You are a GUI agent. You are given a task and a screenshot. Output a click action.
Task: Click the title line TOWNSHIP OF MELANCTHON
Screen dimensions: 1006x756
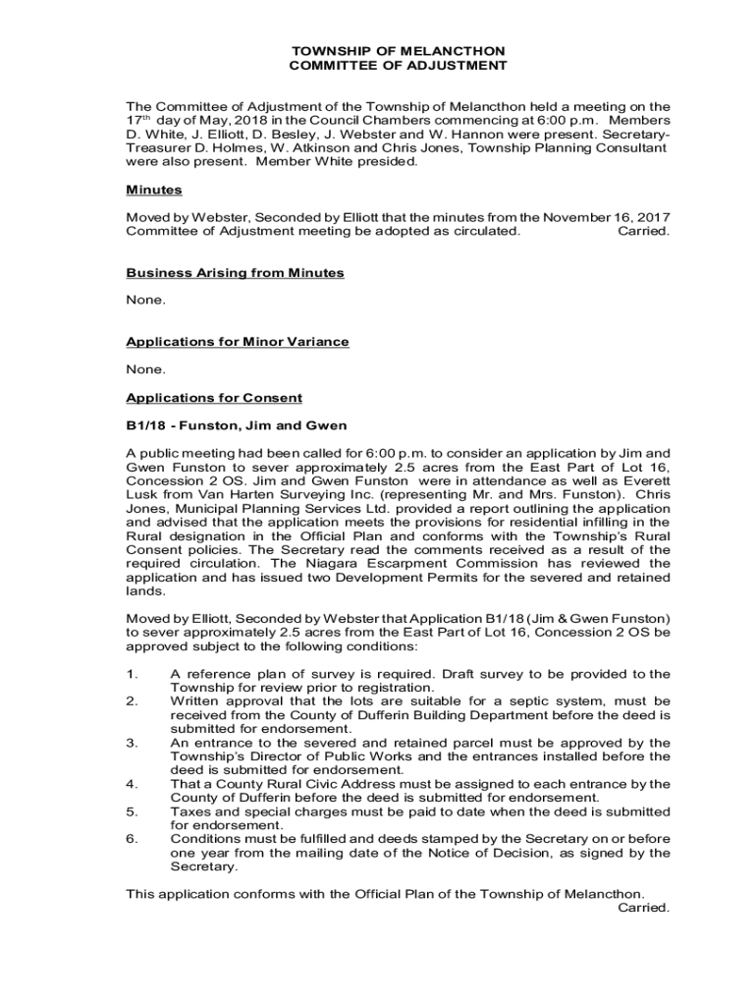pos(399,50)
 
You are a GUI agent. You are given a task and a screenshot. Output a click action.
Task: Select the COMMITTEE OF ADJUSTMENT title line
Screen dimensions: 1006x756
pos(399,65)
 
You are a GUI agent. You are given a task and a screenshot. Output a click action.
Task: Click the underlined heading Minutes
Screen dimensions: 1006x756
pos(154,190)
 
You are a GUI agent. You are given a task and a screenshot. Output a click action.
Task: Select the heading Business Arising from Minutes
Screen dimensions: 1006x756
pos(235,273)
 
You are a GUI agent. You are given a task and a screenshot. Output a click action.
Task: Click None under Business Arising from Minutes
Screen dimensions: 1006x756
pos(145,301)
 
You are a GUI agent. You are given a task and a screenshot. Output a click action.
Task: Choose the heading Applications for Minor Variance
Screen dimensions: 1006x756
pos(238,342)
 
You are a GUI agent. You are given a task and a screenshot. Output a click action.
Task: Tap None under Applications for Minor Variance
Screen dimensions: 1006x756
pos(145,370)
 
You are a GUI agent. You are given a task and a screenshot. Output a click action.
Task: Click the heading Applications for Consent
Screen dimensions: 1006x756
pos(214,398)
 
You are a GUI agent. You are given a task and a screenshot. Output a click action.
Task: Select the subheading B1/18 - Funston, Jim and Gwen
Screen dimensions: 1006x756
pos(237,425)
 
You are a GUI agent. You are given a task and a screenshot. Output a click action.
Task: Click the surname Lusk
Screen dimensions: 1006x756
pos(144,495)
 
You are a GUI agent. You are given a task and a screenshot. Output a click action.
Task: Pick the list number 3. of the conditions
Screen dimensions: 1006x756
pos(132,743)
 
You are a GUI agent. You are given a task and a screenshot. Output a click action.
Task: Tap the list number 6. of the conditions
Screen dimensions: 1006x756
pos(132,839)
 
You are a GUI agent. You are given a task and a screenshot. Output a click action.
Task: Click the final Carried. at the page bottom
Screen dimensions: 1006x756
pos(643,908)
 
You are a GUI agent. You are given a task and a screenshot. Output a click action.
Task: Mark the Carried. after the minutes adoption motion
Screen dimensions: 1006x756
pos(643,231)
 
